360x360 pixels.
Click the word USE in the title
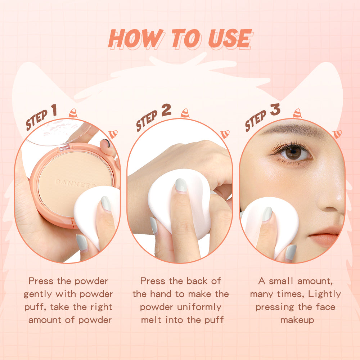(230, 39)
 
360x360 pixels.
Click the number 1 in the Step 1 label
(54, 110)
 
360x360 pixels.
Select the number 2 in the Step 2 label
(166, 110)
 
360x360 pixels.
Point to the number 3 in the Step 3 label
(275, 109)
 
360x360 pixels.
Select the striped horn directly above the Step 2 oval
(185, 113)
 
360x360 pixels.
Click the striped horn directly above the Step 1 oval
(73, 113)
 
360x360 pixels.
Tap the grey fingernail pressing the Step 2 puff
(181, 185)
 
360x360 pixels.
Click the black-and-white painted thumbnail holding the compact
(106, 143)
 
